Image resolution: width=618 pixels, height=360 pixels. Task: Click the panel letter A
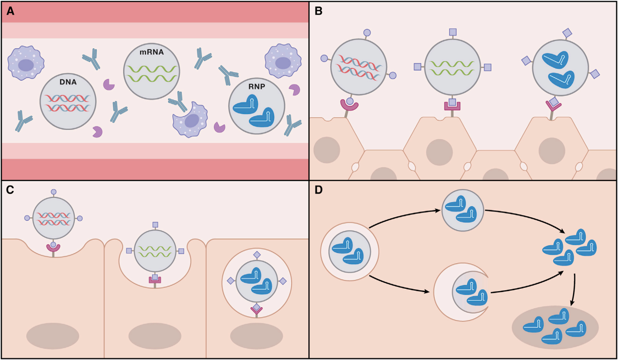click(x=10, y=11)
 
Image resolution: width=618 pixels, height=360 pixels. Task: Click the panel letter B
click(x=319, y=11)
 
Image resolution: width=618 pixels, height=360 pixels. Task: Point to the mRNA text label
click(x=151, y=51)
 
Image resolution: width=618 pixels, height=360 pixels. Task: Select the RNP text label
click(x=256, y=85)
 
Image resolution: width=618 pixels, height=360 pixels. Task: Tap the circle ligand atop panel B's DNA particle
click(x=367, y=33)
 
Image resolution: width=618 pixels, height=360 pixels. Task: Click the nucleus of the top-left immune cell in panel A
click(x=25, y=65)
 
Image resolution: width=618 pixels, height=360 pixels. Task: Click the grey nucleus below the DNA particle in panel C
click(x=53, y=336)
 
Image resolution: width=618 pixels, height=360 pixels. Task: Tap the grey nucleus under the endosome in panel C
click(x=256, y=336)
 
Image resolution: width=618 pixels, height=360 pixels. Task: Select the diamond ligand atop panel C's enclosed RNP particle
click(x=256, y=255)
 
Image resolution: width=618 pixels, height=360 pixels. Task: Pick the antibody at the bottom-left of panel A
click(x=23, y=121)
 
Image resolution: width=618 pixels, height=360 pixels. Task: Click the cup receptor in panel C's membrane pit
click(x=53, y=248)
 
